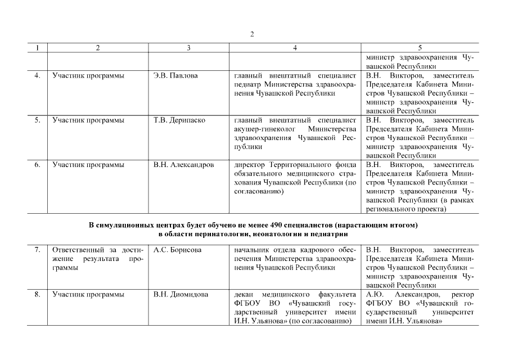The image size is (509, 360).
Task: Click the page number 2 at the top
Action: click(253, 34)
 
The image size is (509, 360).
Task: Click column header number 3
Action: click(188, 48)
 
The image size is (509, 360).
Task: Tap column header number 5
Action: click(420, 48)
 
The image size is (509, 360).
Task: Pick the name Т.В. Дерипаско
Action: click(179, 120)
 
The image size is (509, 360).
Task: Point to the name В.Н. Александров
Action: click(183, 165)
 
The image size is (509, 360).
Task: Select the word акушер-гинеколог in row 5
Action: click(263, 129)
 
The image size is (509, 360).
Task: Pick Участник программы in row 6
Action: click(88, 165)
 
